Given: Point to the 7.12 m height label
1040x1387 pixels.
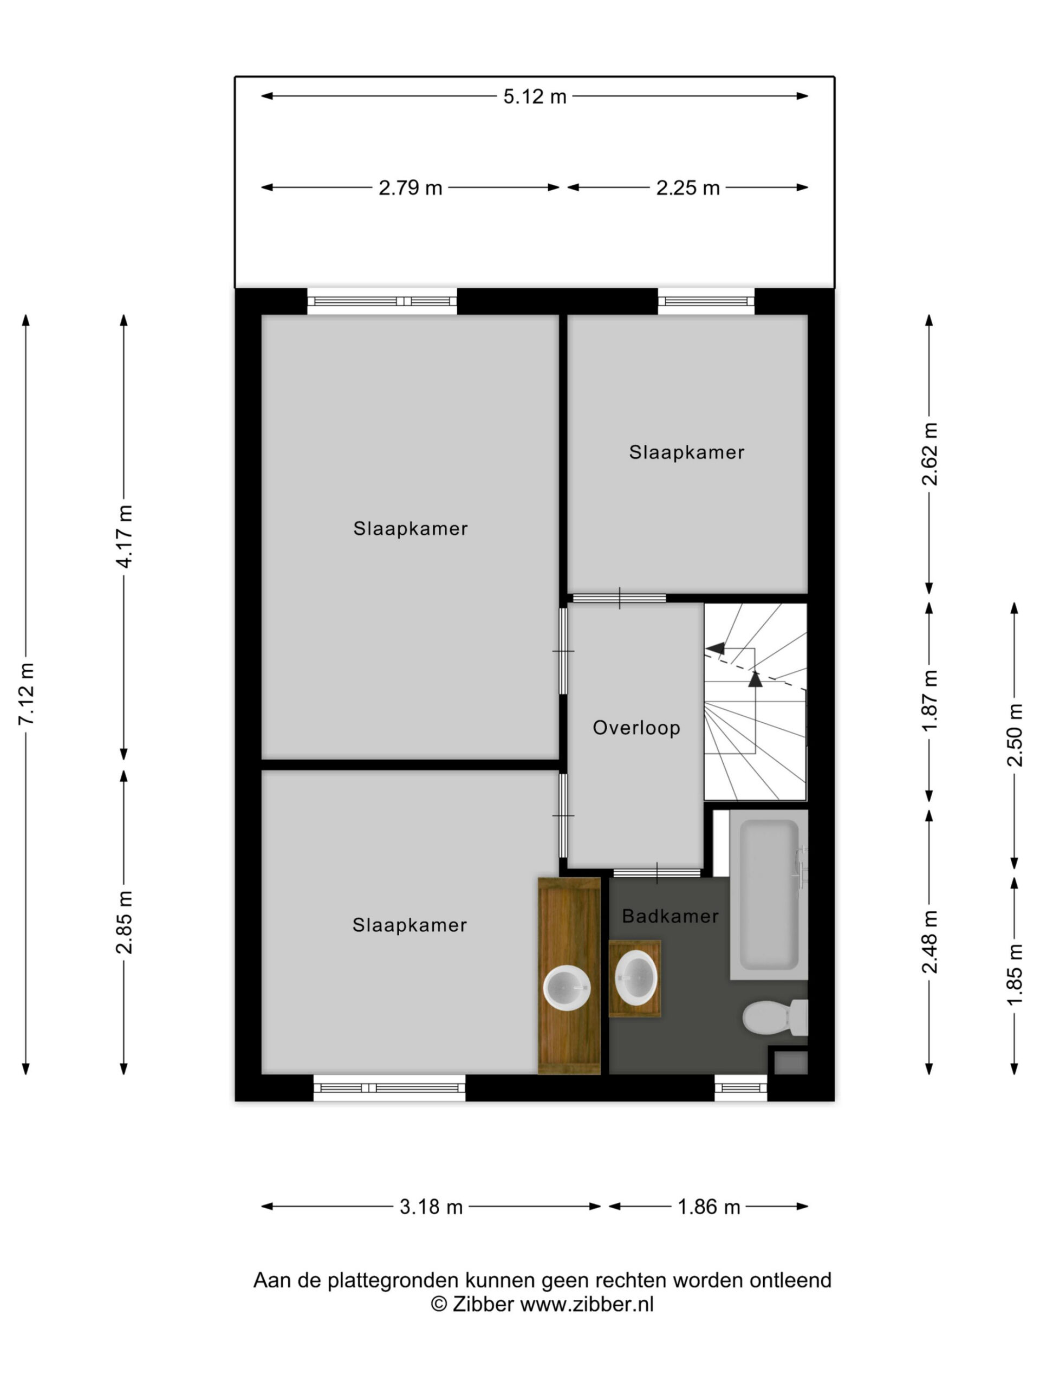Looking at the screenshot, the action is (x=27, y=693).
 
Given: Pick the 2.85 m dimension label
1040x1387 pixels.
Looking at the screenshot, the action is (x=123, y=921).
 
